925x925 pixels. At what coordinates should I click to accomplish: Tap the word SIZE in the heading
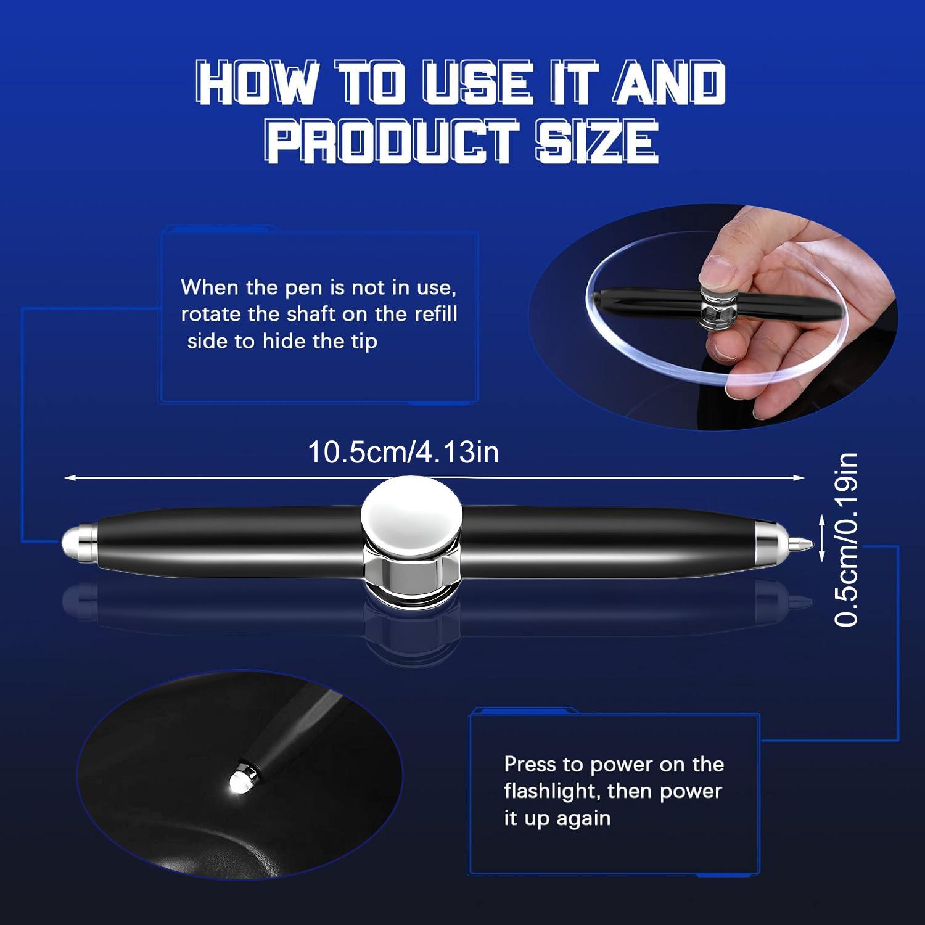[596, 141]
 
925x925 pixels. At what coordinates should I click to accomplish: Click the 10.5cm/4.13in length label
[403, 452]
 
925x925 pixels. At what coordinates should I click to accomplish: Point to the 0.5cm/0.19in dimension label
[846, 540]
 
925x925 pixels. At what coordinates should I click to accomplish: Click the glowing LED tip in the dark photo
[239, 781]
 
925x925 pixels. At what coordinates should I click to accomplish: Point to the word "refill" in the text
[435, 314]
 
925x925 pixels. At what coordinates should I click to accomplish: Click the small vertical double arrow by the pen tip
[821, 540]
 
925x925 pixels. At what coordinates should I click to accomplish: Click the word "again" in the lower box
[583, 818]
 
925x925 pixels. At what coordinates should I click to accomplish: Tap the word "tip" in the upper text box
[364, 342]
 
